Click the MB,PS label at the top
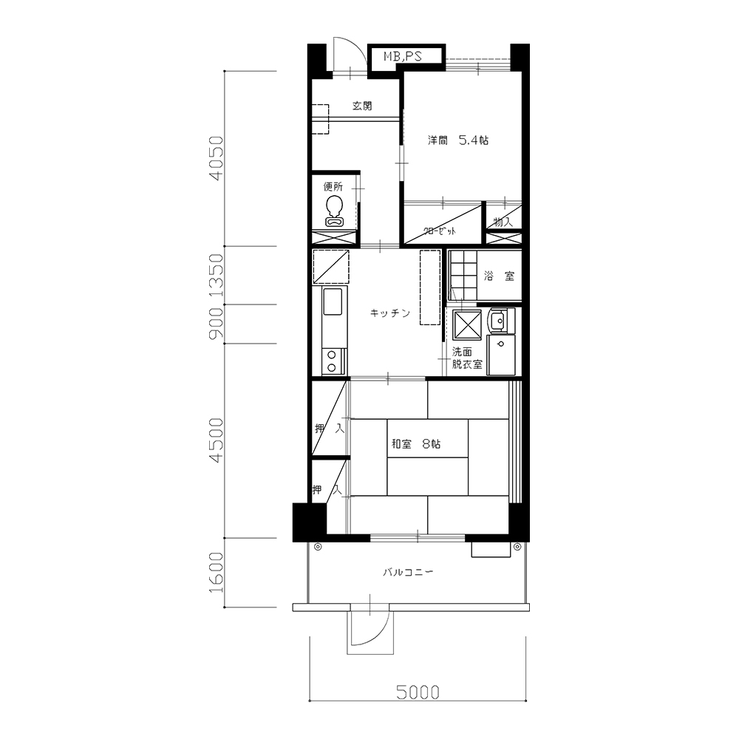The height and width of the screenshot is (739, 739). coord(403,57)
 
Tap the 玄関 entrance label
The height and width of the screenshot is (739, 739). coord(362,106)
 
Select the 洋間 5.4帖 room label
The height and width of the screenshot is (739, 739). coord(458,140)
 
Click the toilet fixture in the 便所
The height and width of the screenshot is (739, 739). coord(335,211)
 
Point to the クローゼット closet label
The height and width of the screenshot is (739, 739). coord(440,231)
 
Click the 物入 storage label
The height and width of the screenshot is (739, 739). coord(503,222)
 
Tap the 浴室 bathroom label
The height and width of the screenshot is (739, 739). coord(499,276)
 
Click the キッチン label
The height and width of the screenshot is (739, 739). coord(390,313)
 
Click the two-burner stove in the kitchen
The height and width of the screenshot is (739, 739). coord(332,361)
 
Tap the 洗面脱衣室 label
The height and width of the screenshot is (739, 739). coord(467,358)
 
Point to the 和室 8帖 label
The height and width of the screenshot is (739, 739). coord(416,444)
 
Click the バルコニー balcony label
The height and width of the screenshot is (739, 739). coord(408,573)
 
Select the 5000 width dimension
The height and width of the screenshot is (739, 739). coord(418,692)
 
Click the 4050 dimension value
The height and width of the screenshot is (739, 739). coord(217,158)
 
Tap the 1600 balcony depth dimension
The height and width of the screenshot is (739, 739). coord(217,573)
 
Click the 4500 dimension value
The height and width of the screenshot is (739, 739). coord(217,440)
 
